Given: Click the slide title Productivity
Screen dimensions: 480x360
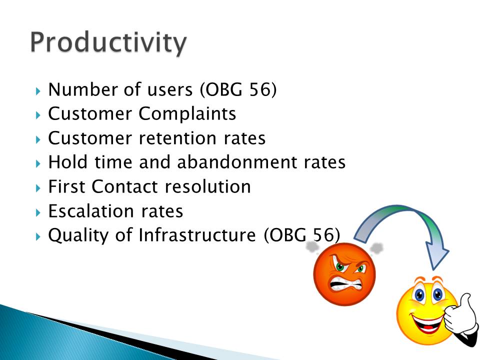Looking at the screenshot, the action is tap(108, 43).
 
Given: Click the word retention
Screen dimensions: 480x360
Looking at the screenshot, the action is tap(177, 138).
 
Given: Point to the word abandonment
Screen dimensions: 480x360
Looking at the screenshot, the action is tap(237, 162).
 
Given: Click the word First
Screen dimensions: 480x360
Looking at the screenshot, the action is tap(66, 186).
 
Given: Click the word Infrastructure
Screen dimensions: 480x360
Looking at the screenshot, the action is tap(197, 235).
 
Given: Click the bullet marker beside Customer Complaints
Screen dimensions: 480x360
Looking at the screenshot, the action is tap(38, 115).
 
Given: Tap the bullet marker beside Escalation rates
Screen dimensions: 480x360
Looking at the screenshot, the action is tap(38, 212).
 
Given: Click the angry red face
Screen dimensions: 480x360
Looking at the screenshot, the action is tap(344, 274).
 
